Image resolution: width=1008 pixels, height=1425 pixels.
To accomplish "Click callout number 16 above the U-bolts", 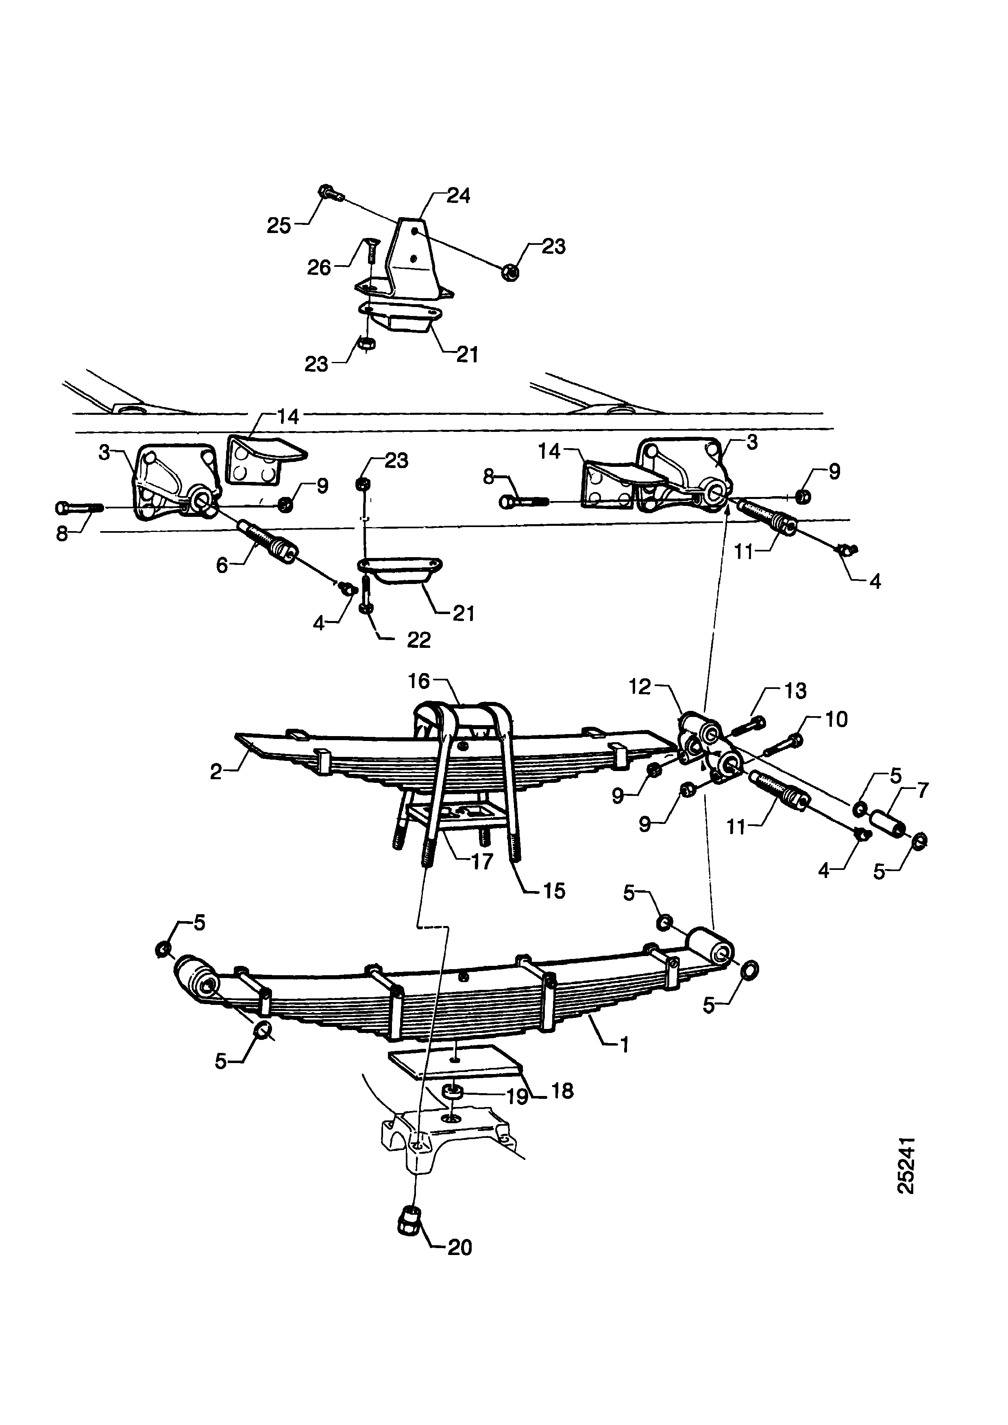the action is (419, 682).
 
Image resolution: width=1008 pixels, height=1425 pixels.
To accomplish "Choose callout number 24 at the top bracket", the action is (459, 196).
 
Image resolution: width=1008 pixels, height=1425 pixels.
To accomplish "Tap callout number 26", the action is (319, 268).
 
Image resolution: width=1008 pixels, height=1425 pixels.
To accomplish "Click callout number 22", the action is (418, 641).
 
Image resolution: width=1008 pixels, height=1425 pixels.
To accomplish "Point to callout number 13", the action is (795, 691).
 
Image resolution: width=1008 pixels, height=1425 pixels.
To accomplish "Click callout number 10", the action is (836, 719).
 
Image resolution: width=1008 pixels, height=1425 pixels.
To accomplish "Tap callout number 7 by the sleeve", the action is (923, 791).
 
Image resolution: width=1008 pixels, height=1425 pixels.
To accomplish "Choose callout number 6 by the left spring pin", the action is (222, 565).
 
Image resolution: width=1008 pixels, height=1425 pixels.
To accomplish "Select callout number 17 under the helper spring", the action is (482, 861).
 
